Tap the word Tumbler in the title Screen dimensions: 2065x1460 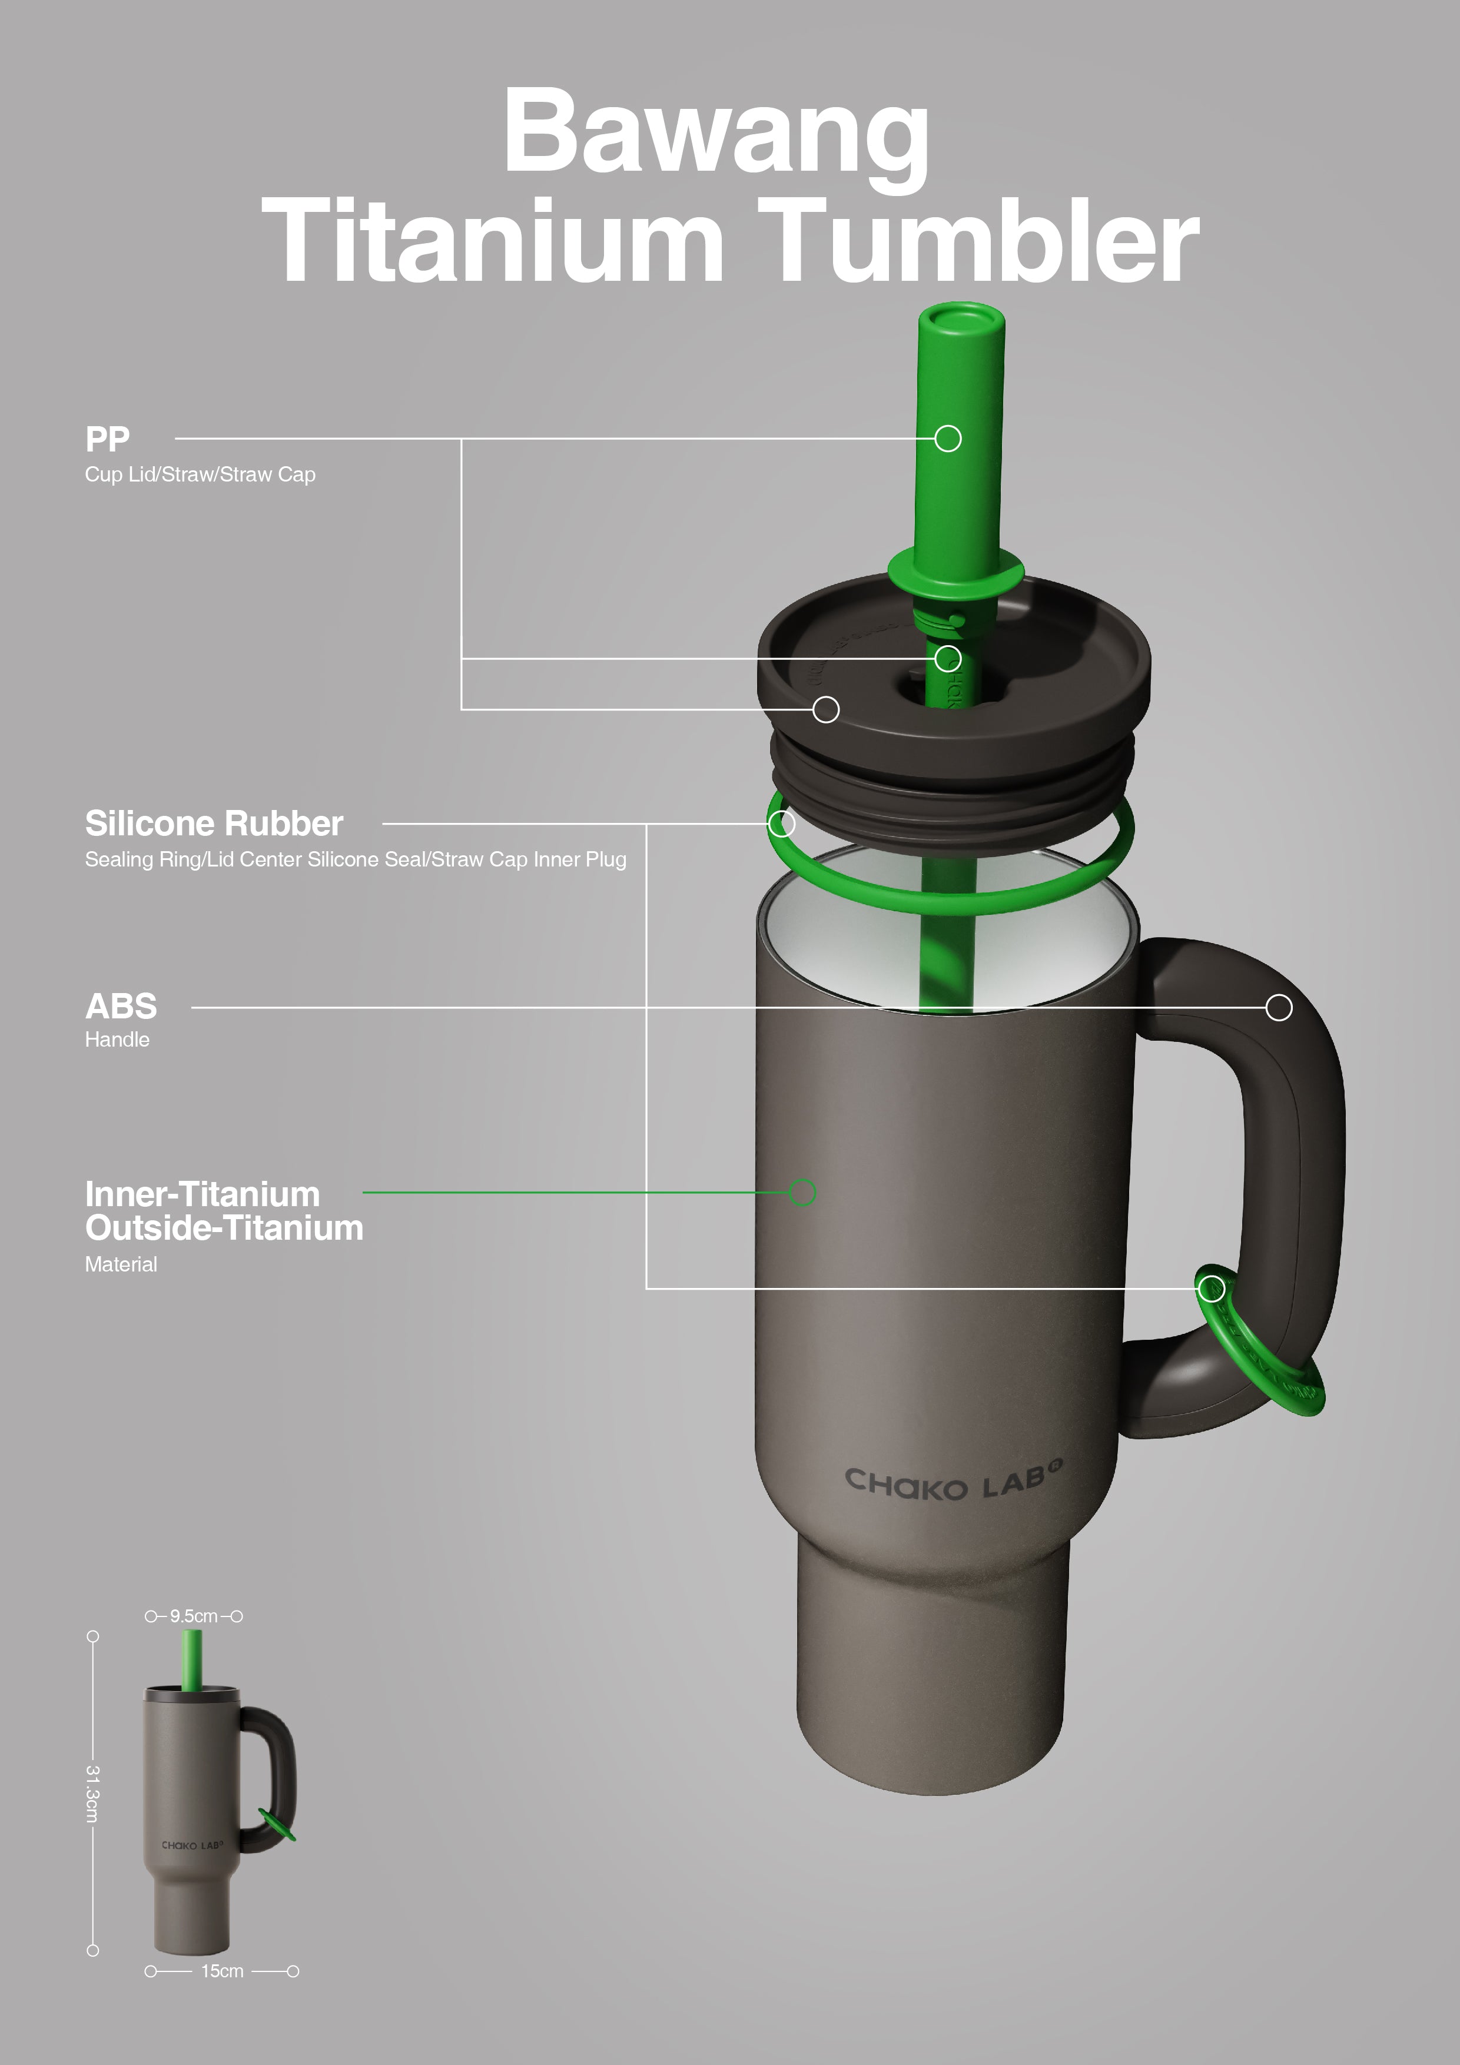click(x=981, y=241)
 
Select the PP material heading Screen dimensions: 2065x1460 click(x=107, y=439)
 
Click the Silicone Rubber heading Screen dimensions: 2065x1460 click(x=214, y=823)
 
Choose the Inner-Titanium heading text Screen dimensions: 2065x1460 click(x=203, y=1194)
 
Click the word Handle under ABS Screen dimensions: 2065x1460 click(x=117, y=1040)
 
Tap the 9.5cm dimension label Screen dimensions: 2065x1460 click(x=194, y=1616)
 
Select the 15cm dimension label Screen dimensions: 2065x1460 click(x=221, y=1971)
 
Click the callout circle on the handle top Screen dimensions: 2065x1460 click(x=1278, y=1007)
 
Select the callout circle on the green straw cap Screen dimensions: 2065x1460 click(x=947, y=439)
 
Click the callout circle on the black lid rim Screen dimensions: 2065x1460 click(x=826, y=709)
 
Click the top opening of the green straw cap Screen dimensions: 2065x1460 click(x=961, y=319)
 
